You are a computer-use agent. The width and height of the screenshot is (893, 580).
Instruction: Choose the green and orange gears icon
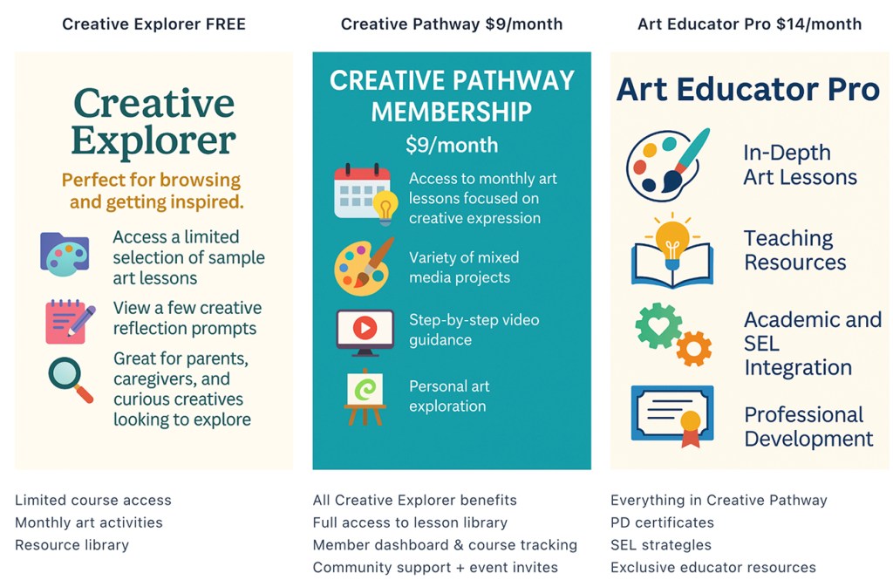click(x=672, y=335)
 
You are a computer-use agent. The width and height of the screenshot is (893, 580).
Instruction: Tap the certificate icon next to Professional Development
click(x=671, y=417)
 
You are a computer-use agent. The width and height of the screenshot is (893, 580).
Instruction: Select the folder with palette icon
click(x=65, y=254)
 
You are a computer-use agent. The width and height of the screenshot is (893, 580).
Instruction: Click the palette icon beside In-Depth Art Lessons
click(x=668, y=165)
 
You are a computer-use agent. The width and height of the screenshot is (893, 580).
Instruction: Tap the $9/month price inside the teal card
click(x=452, y=145)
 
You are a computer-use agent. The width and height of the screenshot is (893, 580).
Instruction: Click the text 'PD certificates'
click(x=662, y=522)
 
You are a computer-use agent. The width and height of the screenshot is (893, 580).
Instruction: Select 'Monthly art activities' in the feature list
click(x=89, y=522)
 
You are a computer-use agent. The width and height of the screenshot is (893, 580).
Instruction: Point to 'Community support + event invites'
click(x=435, y=567)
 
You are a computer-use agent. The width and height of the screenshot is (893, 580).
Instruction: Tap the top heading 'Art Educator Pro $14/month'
click(x=749, y=24)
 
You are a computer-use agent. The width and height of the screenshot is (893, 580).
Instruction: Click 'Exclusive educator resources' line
click(x=713, y=567)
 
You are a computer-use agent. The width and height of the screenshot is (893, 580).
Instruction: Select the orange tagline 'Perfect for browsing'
click(x=151, y=181)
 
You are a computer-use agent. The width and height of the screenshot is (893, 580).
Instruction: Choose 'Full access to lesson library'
click(x=410, y=522)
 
